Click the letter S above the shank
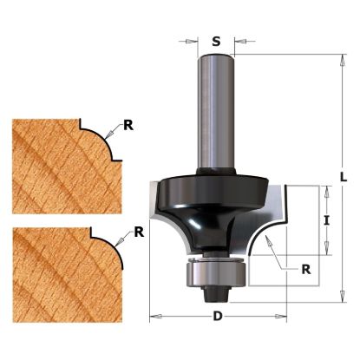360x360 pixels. point(216,42)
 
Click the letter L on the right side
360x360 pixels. point(344,177)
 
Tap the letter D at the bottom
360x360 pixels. point(218,316)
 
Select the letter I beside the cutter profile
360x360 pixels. point(327,220)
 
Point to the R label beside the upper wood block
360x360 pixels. point(128,125)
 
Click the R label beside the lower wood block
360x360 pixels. point(139,232)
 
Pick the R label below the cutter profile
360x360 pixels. point(306,269)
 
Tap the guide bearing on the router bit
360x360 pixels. point(217,272)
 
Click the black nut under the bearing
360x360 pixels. point(216,293)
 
